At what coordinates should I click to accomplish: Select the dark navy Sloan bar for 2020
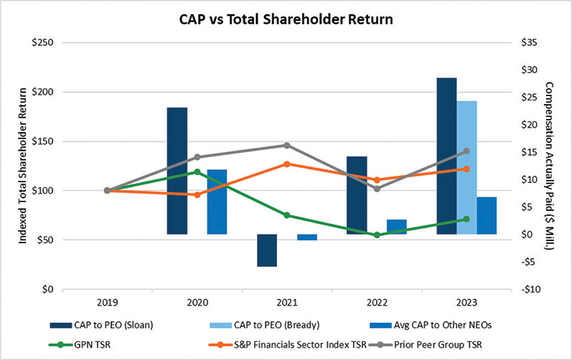pyautogui.click(x=177, y=171)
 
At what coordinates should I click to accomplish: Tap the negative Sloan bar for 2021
pyautogui.click(x=267, y=250)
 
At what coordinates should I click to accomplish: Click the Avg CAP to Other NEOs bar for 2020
pyautogui.click(x=217, y=202)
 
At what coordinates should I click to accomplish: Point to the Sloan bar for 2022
pyautogui.click(x=357, y=195)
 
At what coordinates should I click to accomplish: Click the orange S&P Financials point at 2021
pyautogui.click(x=286, y=164)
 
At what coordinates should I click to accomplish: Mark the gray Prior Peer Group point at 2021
pyautogui.click(x=286, y=146)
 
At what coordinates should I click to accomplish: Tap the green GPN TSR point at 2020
pyautogui.click(x=197, y=172)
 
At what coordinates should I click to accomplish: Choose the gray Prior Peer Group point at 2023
pyautogui.click(x=466, y=151)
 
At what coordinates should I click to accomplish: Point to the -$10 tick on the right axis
pyautogui.click(x=530, y=290)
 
